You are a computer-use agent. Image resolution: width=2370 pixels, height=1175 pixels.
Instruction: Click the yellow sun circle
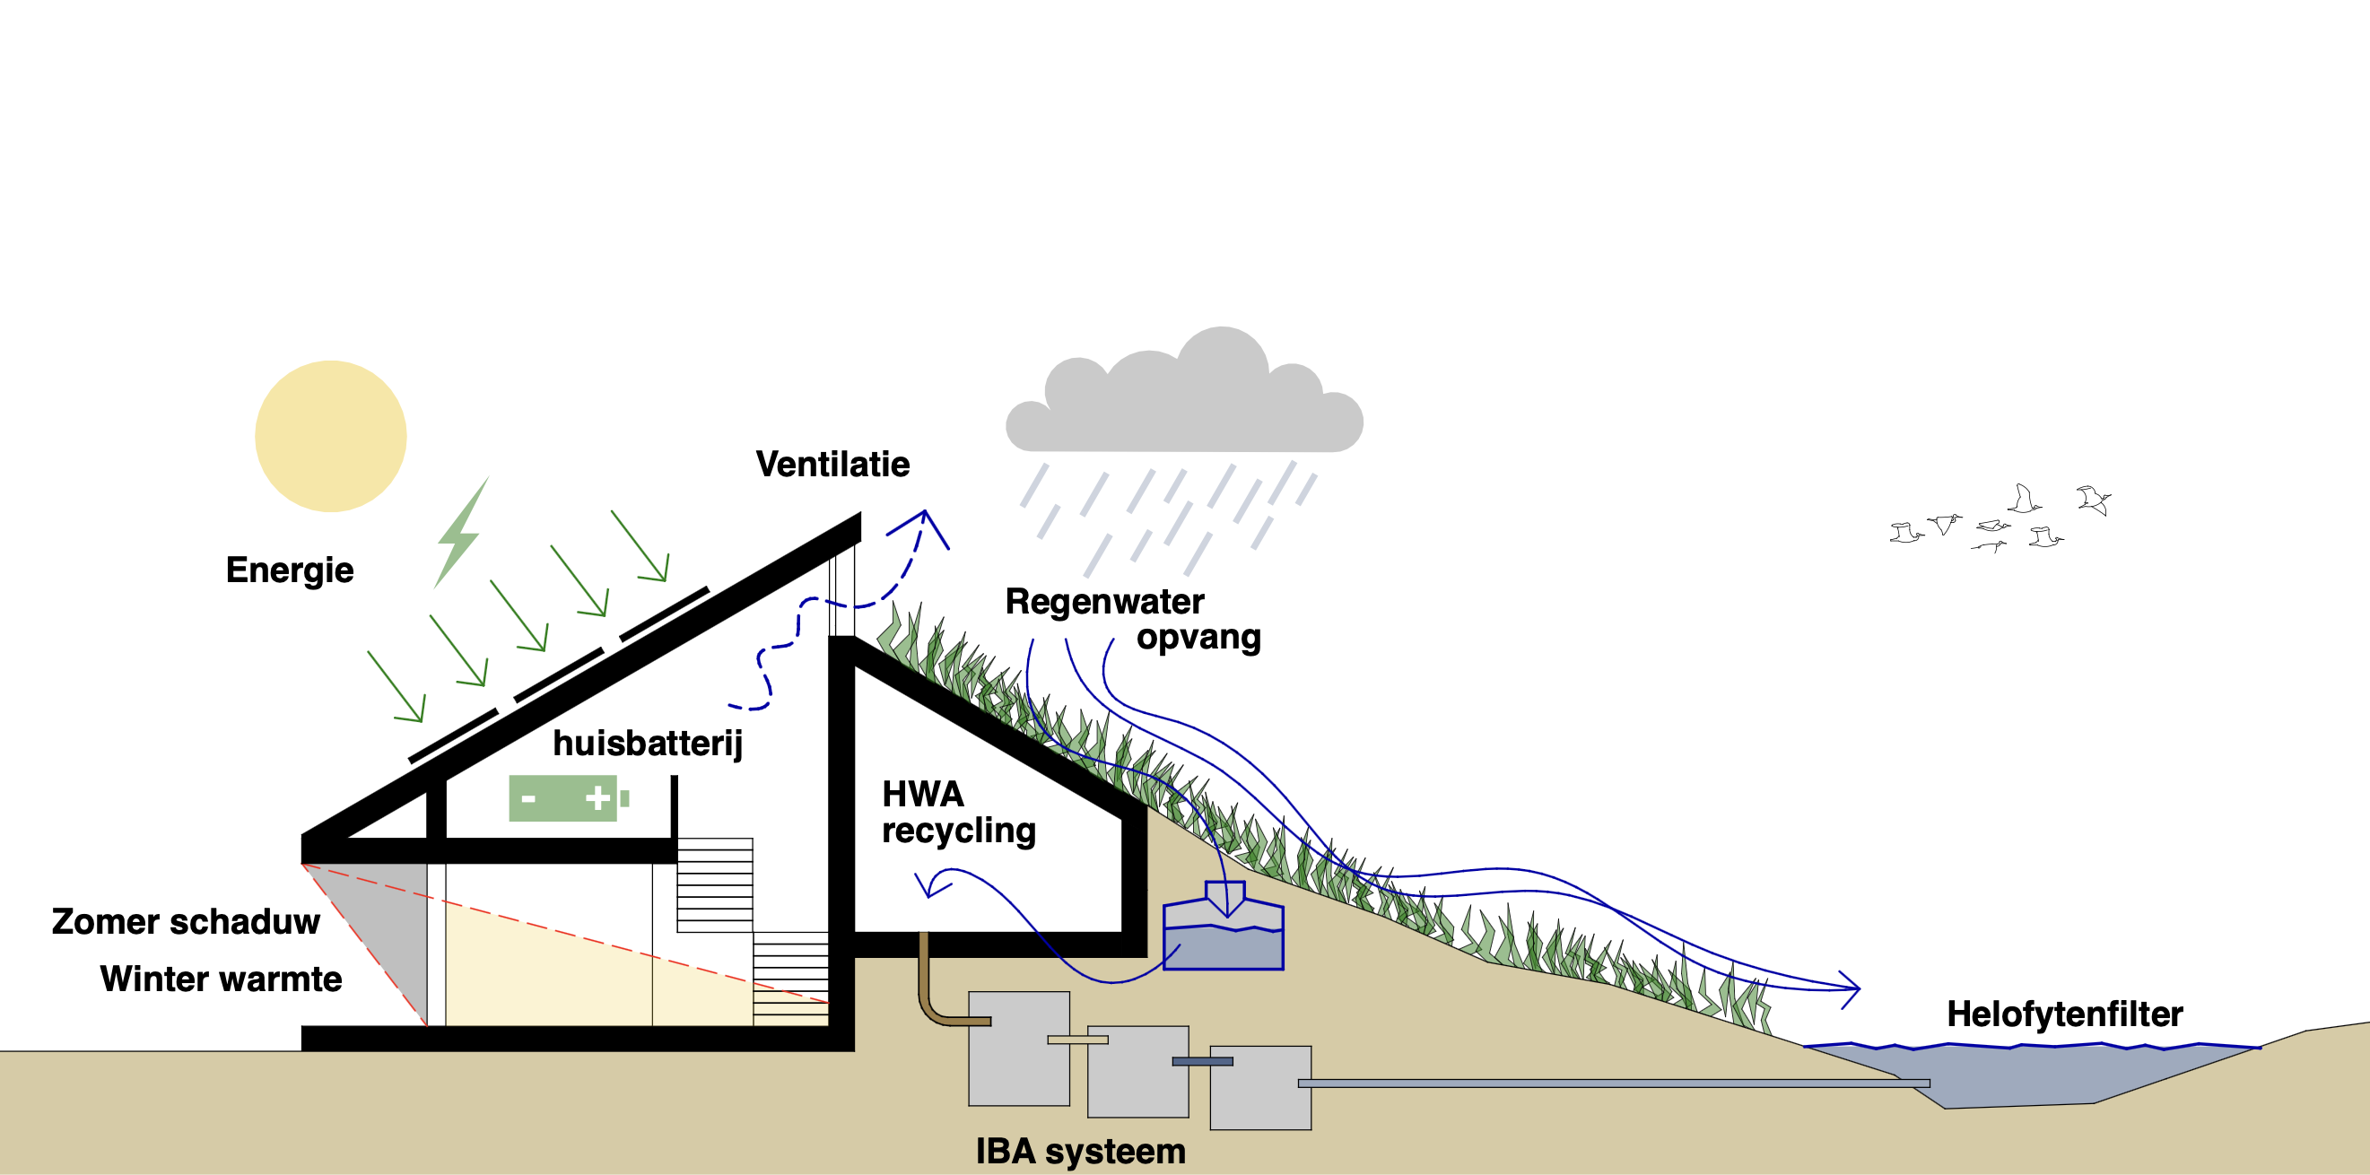click(330, 436)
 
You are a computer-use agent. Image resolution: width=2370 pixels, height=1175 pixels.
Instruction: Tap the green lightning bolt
click(460, 534)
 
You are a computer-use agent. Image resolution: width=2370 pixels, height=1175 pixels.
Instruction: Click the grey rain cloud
click(1185, 405)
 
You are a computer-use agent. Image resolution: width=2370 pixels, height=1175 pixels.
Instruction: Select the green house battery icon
click(567, 797)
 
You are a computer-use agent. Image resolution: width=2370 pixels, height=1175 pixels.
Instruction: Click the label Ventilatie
click(832, 465)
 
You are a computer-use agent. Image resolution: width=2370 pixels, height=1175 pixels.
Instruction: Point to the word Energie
click(290, 570)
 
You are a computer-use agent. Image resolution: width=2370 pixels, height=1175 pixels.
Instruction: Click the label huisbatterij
click(647, 744)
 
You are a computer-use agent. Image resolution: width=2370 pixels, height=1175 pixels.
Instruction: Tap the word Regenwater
click(1104, 602)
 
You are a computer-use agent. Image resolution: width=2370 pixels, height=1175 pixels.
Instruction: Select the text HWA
click(923, 794)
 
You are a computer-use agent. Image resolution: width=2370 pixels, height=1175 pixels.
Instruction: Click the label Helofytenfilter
click(2064, 1014)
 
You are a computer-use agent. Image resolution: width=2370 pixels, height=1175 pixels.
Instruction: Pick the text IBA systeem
click(1080, 1151)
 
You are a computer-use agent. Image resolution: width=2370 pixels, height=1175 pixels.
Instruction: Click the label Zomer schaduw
click(186, 922)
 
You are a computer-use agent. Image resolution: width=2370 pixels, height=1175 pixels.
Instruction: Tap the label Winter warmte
click(221, 979)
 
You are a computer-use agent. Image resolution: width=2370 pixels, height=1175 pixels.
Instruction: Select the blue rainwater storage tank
click(1223, 938)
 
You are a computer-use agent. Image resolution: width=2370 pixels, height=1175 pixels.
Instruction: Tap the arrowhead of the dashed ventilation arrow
click(928, 522)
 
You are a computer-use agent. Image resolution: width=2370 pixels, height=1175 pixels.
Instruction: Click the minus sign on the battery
click(528, 797)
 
